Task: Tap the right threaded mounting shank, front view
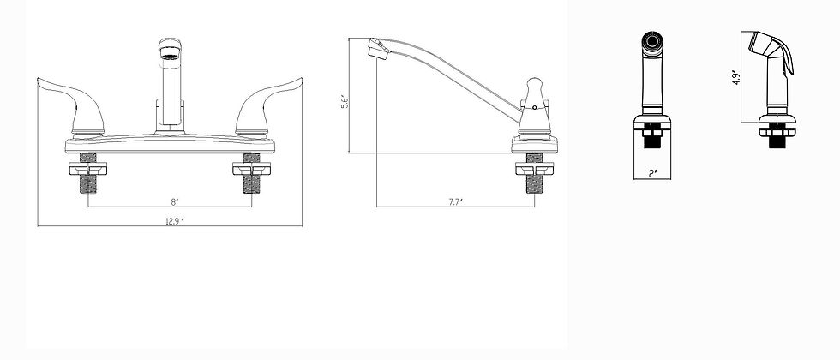[252, 177]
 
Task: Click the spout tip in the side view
[373, 47]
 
